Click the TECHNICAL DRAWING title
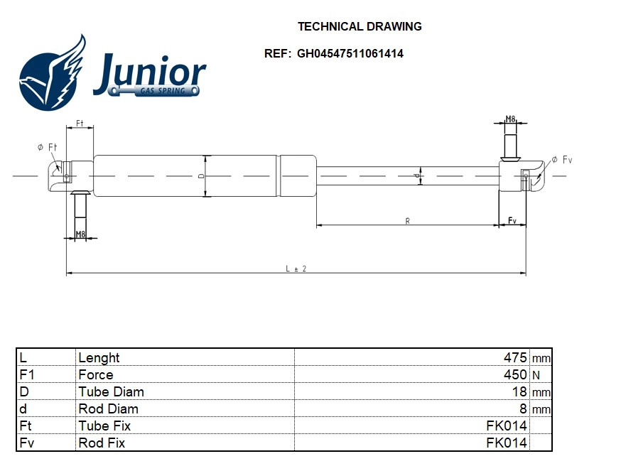tap(359, 27)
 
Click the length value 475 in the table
tap(515, 357)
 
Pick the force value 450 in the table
tap(515, 374)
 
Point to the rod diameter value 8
tap(523, 408)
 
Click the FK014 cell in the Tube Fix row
tap(507, 426)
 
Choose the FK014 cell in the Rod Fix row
tap(507, 443)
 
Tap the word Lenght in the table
tap(99, 357)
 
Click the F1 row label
tap(26, 374)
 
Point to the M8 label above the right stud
tap(510, 119)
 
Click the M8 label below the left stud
tap(80, 234)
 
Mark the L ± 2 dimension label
tap(296, 269)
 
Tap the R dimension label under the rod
tap(407, 221)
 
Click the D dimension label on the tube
tap(201, 175)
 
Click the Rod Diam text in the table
tap(108, 408)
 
